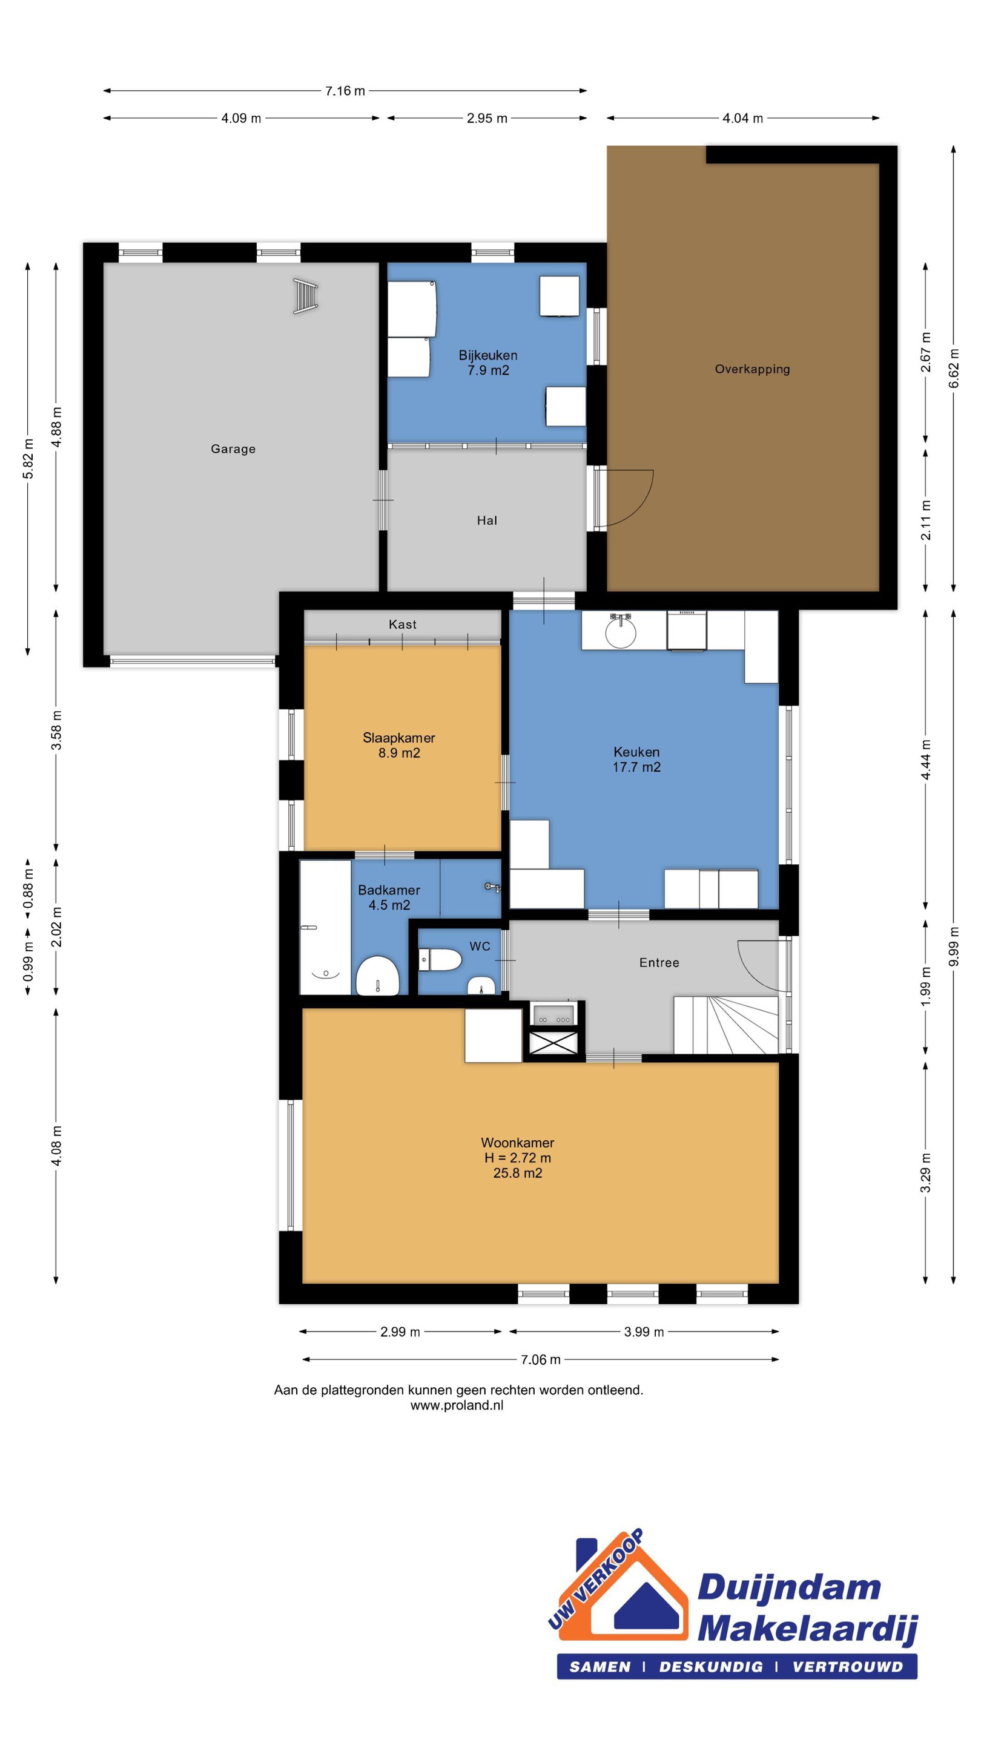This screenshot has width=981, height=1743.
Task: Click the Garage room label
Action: [233, 448]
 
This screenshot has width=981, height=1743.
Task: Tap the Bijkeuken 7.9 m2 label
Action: [487, 363]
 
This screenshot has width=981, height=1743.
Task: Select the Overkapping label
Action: [752, 369]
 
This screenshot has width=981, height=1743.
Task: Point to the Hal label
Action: [487, 520]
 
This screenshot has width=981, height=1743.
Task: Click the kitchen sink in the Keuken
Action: [620, 631]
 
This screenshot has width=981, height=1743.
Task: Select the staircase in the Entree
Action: [726, 1025]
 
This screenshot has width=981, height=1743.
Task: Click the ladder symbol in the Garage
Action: [305, 297]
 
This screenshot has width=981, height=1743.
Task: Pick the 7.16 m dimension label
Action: [345, 91]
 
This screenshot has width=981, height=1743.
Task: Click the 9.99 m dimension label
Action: [953, 946]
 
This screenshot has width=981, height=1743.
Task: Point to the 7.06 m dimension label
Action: [540, 1359]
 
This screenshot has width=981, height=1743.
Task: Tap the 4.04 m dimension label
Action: [742, 119]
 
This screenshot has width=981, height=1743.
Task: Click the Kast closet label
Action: [402, 625]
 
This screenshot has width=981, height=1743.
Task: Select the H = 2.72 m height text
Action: [517, 1158]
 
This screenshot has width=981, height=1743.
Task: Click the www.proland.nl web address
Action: [457, 1405]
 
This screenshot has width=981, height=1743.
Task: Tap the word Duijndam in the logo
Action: [788, 1587]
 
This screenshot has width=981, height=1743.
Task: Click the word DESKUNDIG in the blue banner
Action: [711, 1667]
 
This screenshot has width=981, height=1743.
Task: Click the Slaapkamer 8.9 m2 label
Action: [399, 746]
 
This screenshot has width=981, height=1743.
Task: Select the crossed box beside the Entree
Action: [553, 1043]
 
